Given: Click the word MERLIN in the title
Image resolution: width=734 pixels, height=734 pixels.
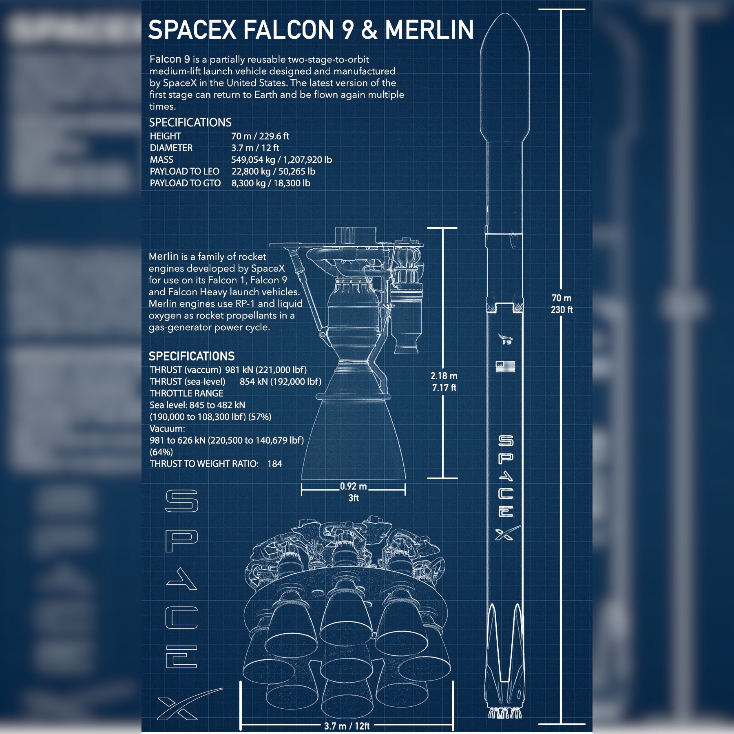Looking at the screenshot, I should (429, 30).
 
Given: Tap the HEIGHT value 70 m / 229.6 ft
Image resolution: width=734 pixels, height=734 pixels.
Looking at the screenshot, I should (260, 136).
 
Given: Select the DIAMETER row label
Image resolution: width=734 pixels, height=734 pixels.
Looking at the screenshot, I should (171, 148).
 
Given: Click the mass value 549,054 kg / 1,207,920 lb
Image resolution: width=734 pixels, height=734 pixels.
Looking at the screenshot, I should (281, 160).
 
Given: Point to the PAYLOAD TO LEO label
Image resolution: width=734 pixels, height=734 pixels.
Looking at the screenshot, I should (184, 172).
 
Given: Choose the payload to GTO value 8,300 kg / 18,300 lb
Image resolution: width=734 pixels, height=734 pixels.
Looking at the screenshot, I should (271, 183).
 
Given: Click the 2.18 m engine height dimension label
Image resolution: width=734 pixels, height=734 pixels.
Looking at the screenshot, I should (444, 376).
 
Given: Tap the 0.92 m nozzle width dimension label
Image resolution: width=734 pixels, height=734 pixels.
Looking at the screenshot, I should (353, 486).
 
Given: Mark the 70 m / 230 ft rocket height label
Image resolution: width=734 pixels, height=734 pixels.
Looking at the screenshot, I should (562, 304).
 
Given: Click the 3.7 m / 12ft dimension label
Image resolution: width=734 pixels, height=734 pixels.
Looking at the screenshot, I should (347, 726).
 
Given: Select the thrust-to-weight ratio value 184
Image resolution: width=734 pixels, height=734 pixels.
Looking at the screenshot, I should (275, 464).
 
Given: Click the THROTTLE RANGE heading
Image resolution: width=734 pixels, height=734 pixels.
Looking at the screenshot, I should (186, 394).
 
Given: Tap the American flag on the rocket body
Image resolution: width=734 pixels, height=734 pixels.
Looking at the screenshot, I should (506, 366).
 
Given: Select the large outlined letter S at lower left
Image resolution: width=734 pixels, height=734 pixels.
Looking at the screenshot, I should (182, 501).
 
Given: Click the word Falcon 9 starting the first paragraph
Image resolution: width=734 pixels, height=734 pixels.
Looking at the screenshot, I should (170, 60).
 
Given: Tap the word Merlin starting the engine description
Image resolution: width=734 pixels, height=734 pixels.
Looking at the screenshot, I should (164, 256).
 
